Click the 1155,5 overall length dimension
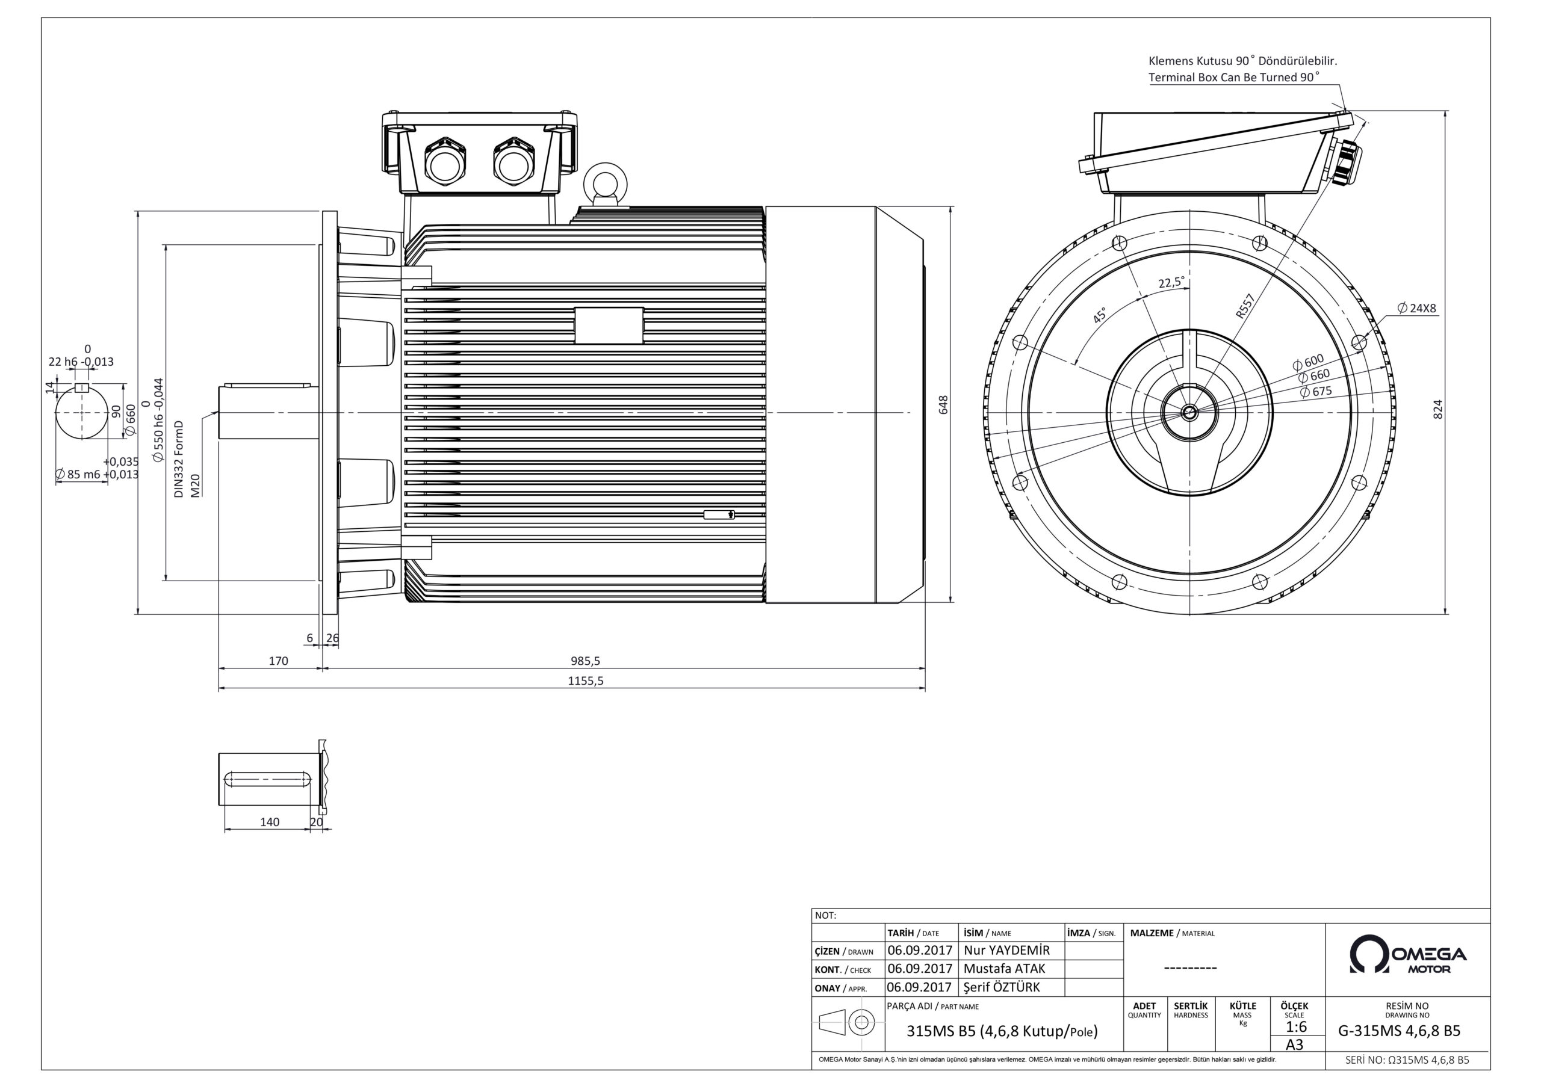[x=585, y=680]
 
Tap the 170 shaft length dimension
[x=278, y=661]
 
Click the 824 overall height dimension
[x=1437, y=409]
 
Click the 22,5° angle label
[x=1171, y=283]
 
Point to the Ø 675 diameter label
[x=1315, y=391]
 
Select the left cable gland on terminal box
[x=443, y=162]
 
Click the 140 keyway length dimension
[x=269, y=822]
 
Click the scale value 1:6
[x=1296, y=1026]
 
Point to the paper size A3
[x=1294, y=1044]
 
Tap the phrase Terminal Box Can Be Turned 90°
[x=1233, y=77]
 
